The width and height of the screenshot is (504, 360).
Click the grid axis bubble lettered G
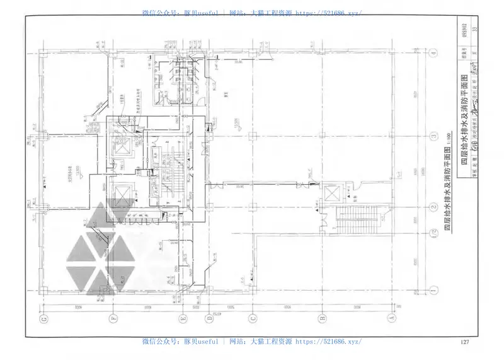point(43,318)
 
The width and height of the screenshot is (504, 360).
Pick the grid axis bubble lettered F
point(112,318)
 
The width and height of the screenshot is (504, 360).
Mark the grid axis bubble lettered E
point(183,318)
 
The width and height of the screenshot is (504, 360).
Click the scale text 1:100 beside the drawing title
point(448,135)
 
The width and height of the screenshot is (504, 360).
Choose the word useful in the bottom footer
point(207,341)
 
